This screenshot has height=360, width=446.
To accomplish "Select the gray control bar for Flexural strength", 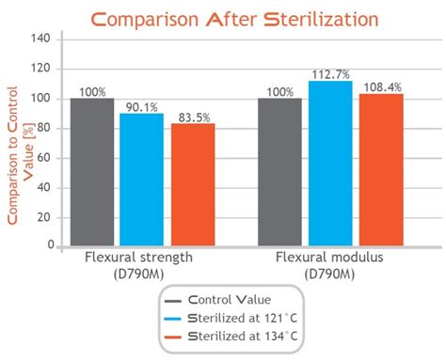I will tap(91, 172).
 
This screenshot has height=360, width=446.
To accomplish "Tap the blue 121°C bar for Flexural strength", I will tap(141, 180).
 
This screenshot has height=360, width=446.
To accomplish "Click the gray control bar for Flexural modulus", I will tap(279, 172).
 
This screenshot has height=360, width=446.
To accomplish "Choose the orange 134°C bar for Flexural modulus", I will tap(381, 169).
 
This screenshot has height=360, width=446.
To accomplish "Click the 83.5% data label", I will tap(193, 116).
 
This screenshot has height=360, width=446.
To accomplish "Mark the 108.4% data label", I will tap(382, 86).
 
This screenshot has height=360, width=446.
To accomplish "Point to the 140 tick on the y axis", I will tap(40, 39).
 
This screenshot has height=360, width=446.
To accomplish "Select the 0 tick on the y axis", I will tap(47, 245).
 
